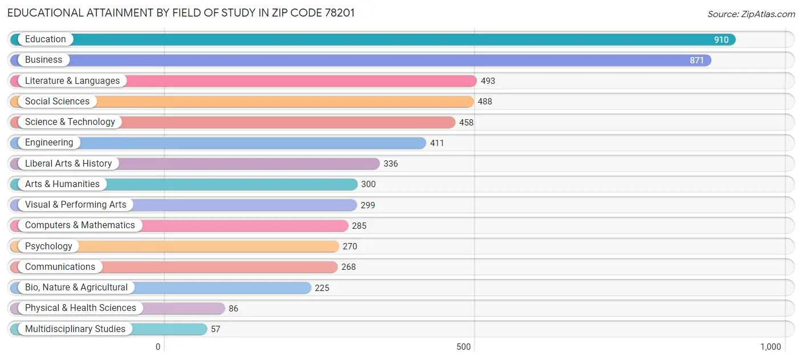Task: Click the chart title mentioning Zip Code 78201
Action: click(181, 13)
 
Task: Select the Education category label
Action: click(45, 39)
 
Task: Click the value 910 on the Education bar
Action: click(721, 40)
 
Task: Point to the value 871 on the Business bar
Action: click(696, 60)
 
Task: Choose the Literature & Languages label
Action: click(72, 81)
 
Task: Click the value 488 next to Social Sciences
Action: click(485, 102)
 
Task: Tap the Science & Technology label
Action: click(70, 122)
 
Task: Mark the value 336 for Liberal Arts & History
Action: click(391, 164)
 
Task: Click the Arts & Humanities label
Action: click(62, 184)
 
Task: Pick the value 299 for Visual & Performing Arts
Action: click(368, 205)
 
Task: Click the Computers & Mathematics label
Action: click(80, 225)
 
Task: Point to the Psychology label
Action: click(48, 246)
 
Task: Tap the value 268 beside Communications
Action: click(349, 267)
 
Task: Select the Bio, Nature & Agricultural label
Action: click(76, 288)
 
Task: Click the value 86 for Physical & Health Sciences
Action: click(233, 309)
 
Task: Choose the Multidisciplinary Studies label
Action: click(75, 329)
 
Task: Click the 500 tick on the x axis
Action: click(464, 347)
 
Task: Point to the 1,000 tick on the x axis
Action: click(770, 347)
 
